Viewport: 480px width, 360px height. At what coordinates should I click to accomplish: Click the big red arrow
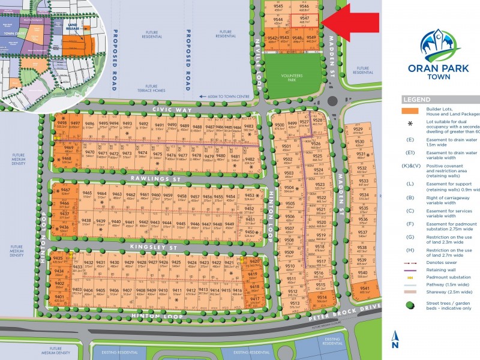(354, 22)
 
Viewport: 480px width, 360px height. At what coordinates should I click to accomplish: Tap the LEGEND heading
(416, 100)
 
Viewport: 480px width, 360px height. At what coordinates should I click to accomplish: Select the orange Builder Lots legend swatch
(411, 111)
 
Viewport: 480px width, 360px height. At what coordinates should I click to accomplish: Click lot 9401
(59, 298)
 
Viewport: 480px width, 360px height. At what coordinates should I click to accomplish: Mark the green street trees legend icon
(410, 305)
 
